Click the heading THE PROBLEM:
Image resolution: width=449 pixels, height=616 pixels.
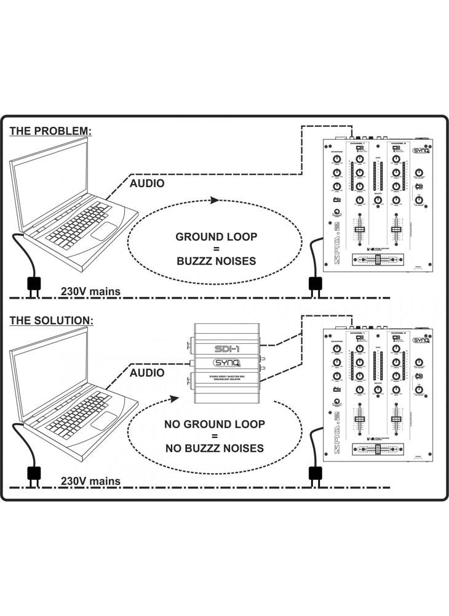point(50,131)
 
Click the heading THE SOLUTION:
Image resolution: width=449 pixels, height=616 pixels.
point(52,321)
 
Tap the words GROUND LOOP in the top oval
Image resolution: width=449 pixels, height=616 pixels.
point(216,237)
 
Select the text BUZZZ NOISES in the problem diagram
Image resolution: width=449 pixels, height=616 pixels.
point(216,261)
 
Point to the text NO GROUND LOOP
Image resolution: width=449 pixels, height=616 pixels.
point(215,424)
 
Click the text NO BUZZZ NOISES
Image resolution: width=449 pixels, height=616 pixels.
point(215,448)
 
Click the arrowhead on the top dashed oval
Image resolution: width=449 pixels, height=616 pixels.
point(213,200)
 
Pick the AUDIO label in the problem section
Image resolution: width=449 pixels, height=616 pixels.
point(147,183)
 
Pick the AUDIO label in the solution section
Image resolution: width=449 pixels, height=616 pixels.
point(147,373)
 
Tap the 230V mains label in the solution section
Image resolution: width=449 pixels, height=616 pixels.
point(90,481)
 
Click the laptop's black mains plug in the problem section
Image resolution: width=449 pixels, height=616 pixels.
point(33,283)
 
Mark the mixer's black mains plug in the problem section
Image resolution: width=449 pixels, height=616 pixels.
point(316,283)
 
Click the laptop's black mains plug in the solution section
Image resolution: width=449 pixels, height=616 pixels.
point(33,472)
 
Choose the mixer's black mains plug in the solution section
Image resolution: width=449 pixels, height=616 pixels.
point(316,472)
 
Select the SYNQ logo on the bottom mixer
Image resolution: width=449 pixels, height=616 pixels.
point(421,339)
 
